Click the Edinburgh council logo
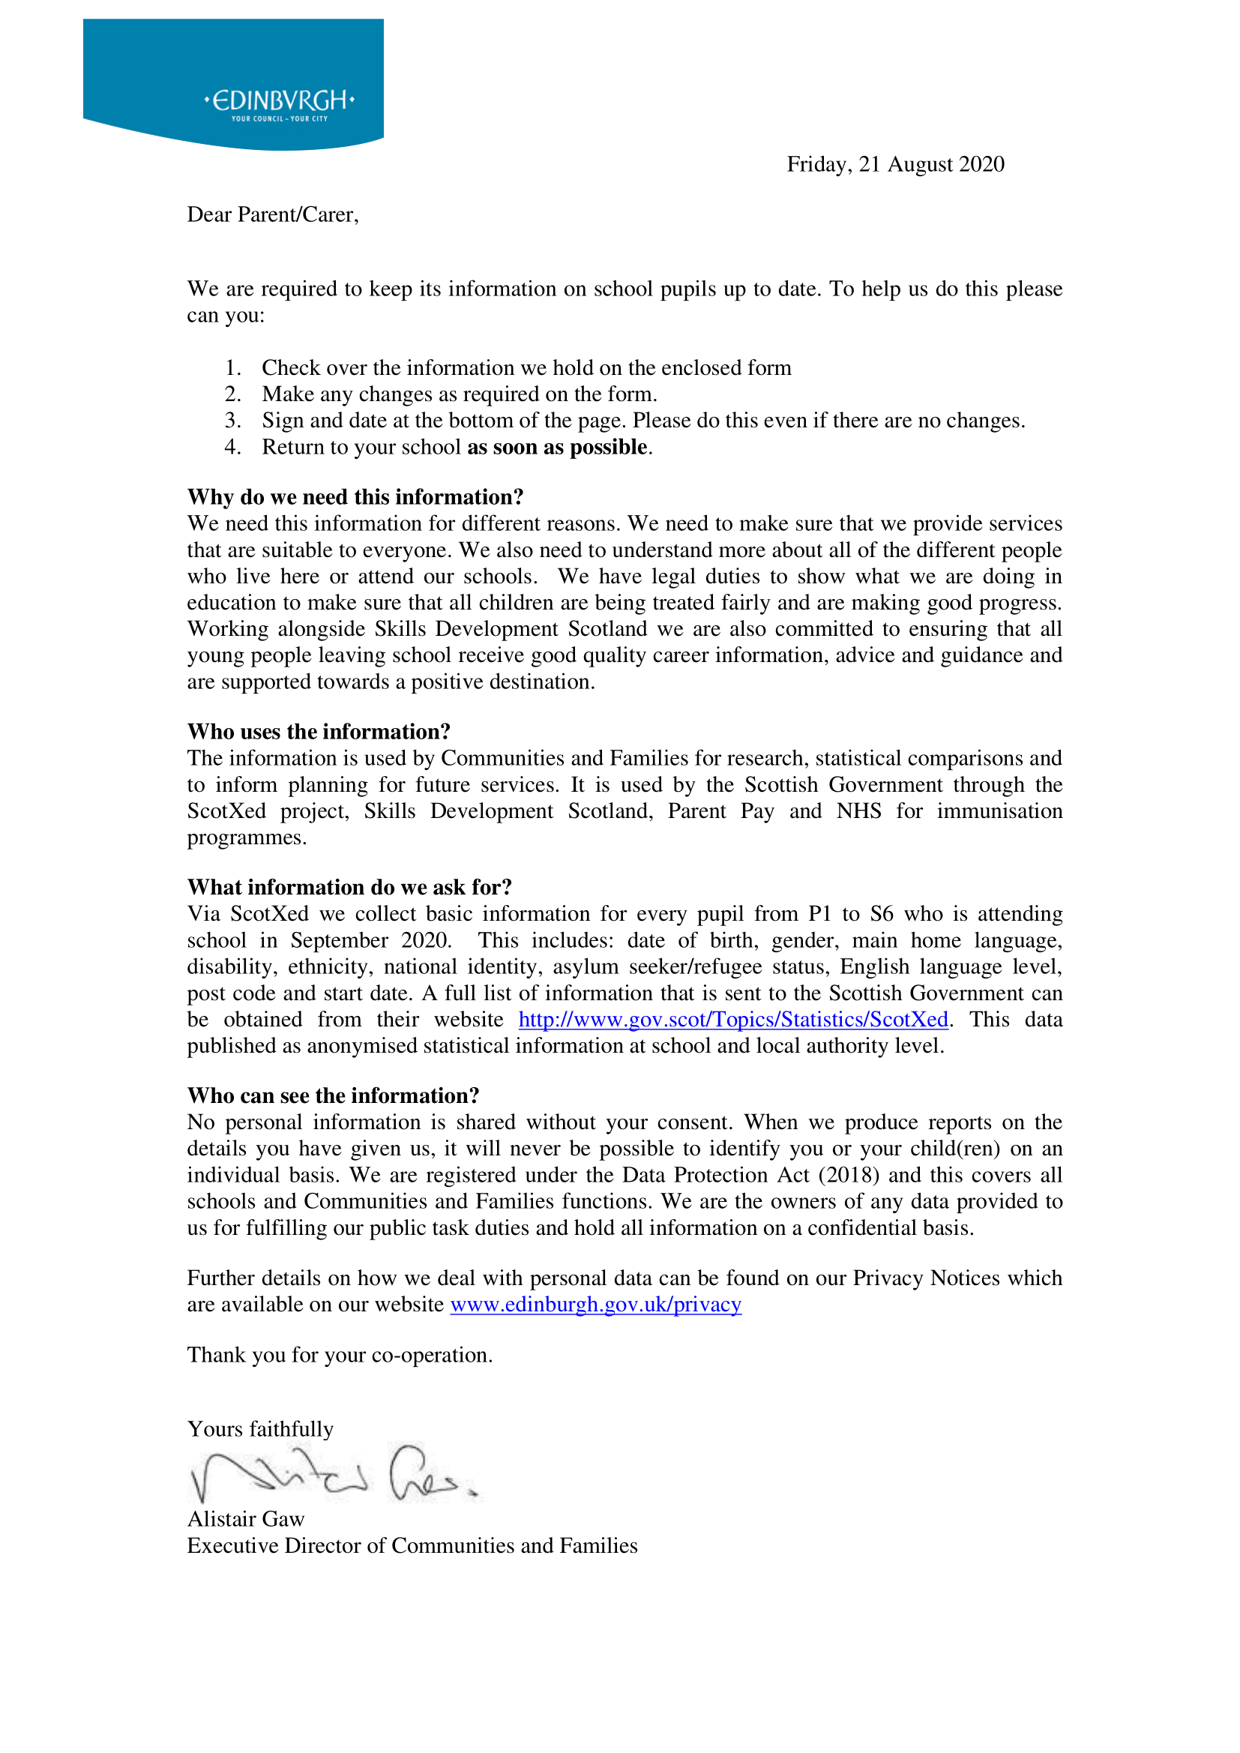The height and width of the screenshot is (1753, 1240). point(233,84)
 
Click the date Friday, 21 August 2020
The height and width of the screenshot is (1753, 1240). point(895,165)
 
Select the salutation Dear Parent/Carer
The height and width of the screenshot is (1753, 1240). point(273,215)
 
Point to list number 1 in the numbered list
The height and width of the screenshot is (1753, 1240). point(233,368)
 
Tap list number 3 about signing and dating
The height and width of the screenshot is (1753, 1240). point(233,421)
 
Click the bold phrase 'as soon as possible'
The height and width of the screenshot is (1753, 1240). point(557,448)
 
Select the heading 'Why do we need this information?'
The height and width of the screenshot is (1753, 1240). point(355,498)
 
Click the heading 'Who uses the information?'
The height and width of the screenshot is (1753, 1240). point(319,733)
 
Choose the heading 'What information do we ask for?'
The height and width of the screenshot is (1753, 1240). point(349,888)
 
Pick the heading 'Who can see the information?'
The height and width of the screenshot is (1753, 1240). point(333,1096)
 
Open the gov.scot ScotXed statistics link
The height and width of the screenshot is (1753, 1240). point(733,1020)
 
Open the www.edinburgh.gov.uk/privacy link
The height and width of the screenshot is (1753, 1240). point(595,1305)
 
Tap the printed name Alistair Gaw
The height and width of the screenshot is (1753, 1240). point(246,1519)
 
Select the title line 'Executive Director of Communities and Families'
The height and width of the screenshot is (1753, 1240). point(412,1546)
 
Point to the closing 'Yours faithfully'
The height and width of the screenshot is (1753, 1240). point(260,1429)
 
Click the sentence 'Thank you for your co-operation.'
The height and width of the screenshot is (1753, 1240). point(340,1355)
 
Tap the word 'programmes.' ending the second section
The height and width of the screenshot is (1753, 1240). point(247,838)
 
